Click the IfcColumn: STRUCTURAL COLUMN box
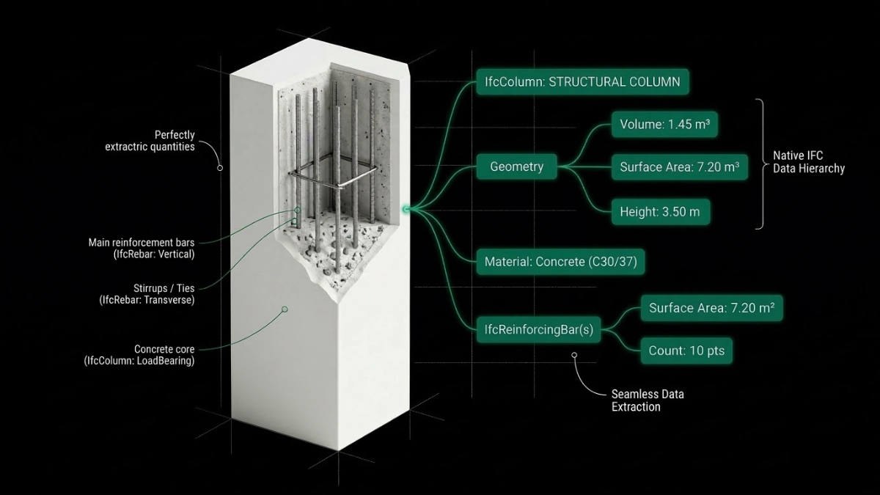click(582, 81)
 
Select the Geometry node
click(516, 166)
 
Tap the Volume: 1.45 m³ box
click(664, 125)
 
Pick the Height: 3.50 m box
click(659, 212)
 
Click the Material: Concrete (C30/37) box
click(560, 261)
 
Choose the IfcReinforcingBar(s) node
click(538, 330)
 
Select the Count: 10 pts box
click(686, 351)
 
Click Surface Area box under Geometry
click(678, 167)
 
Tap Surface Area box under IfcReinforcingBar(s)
click(711, 308)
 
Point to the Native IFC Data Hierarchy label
click(808, 162)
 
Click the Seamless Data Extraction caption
click(647, 400)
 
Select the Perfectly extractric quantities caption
click(150, 141)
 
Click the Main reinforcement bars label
click(142, 248)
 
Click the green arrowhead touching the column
click(406, 210)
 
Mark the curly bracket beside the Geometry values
click(760, 164)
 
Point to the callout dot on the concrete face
click(285, 309)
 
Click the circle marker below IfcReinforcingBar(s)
click(574, 356)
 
